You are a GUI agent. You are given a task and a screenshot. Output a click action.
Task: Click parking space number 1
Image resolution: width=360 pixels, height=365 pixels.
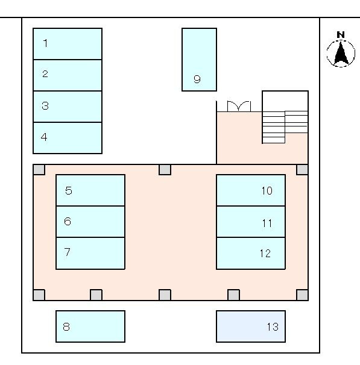[68, 44]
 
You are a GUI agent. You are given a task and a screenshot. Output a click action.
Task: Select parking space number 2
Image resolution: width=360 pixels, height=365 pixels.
[68, 75]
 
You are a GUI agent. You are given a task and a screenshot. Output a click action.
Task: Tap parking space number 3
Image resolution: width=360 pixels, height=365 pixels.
[68, 107]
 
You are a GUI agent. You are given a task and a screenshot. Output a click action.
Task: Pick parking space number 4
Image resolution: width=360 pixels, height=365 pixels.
[68, 138]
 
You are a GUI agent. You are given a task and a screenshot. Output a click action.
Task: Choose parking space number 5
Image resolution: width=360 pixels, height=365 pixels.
[90, 190]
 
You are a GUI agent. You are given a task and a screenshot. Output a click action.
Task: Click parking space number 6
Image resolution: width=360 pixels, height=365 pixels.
[90, 222]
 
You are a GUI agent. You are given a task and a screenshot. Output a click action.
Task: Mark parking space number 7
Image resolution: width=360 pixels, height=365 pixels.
[90, 253]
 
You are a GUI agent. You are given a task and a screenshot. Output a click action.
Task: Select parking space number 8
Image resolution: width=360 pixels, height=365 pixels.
[90, 326]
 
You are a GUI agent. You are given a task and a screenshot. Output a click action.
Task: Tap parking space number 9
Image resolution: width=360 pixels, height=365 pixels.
[199, 60]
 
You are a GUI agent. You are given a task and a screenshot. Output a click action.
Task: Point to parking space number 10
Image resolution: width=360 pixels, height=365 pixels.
[251, 190]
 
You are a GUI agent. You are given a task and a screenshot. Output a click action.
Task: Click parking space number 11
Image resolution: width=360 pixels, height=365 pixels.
[251, 222]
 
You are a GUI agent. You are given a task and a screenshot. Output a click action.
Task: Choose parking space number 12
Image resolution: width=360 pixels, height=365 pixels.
[251, 253]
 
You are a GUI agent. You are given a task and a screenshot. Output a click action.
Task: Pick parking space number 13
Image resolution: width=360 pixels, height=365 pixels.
[251, 326]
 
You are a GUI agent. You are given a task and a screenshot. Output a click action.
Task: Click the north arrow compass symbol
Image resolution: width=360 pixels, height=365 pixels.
[341, 54]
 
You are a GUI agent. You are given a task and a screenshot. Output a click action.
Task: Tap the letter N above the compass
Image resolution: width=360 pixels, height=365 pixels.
[341, 35]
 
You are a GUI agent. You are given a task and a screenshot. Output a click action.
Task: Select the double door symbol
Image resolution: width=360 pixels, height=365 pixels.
[239, 107]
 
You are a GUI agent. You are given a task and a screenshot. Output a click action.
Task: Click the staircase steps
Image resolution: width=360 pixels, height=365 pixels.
[285, 127]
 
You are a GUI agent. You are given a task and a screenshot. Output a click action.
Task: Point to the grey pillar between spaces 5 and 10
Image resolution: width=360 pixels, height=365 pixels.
[165, 170]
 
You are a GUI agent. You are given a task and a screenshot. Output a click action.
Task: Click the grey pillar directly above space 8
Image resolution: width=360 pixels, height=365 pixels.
[96, 295]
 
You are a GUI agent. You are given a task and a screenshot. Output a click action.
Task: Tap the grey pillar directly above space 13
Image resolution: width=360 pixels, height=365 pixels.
[233, 295]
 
